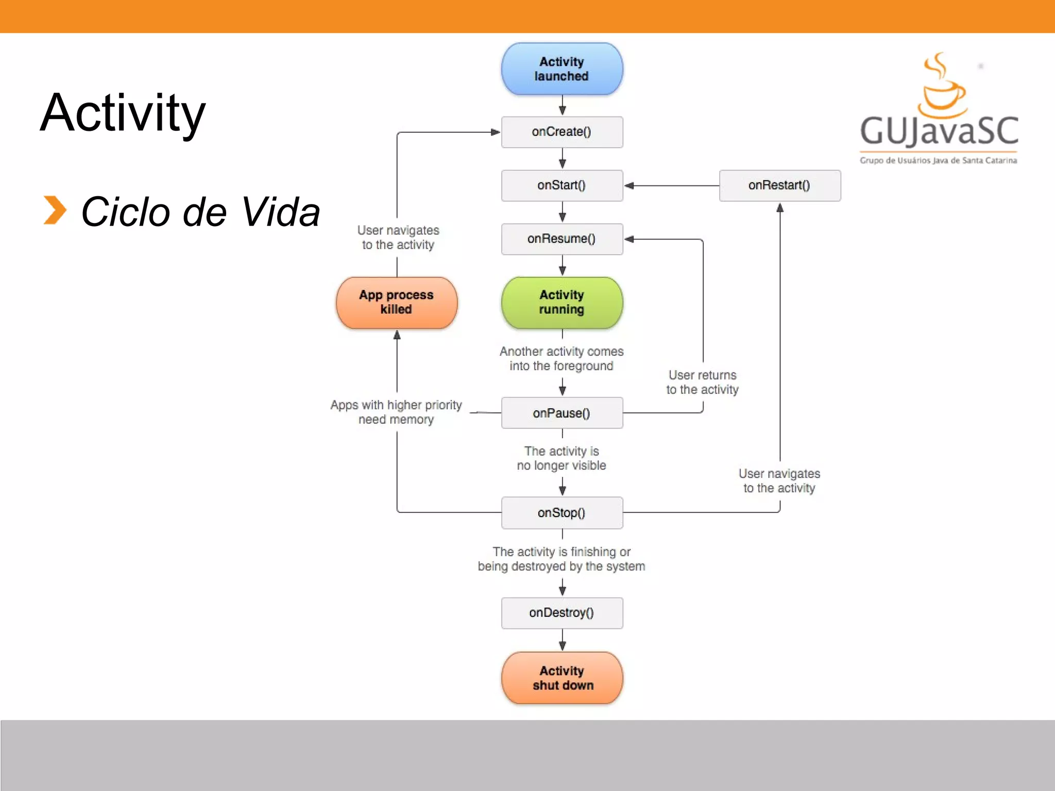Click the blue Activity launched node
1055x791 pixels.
(562, 69)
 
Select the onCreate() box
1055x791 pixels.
(562, 132)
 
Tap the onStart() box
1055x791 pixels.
(562, 185)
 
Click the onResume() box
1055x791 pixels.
(562, 239)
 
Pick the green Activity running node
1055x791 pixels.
(562, 302)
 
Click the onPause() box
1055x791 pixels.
(562, 413)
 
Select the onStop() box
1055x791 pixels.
(562, 513)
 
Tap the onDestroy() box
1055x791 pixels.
(562, 613)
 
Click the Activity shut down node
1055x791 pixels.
(562, 678)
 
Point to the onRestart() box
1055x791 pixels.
(780, 185)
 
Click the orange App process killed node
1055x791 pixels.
(397, 302)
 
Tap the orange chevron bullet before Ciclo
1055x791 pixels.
(55, 210)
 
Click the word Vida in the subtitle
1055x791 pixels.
(280, 212)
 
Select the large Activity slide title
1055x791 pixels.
(123, 113)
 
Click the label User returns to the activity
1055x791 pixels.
(703, 382)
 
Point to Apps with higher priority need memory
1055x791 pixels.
(396, 412)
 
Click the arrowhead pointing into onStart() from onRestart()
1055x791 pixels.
(629, 185)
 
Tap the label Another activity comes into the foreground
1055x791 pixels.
(561, 358)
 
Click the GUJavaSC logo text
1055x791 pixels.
(939, 131)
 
